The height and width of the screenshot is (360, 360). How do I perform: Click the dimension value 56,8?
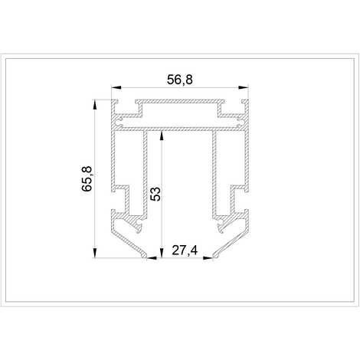click(x=180, y=80)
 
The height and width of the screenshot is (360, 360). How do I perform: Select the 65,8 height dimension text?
click(x=87, y=178)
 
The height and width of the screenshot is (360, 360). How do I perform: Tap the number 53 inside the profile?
click(x=155, y=194)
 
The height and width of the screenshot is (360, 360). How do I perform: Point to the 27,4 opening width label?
click(x=185, y=250)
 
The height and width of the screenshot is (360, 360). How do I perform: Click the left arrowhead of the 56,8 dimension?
click(x=116, y=87)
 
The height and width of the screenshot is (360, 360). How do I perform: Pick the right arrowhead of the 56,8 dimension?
click(x=244, y=87)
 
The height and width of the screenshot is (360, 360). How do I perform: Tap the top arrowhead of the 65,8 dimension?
click(x=95, y=104)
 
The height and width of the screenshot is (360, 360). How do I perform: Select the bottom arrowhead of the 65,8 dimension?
click(x=95, y=253)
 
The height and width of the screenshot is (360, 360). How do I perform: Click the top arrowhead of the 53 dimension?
click(x=162, y=136)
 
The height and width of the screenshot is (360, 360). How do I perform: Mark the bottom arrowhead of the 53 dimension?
click(x=162, y=253)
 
